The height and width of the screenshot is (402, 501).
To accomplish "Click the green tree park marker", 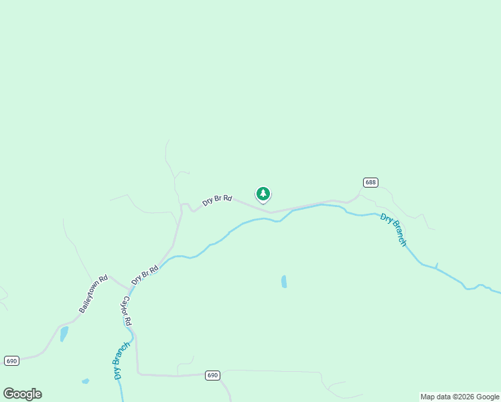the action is (x=263, y=194).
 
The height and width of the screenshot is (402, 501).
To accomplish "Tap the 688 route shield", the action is (x=370, y=182).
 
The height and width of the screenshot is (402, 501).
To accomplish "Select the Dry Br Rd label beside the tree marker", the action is (x=218, y=199).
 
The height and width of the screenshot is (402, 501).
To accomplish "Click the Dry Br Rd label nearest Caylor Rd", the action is (x=145, y=275).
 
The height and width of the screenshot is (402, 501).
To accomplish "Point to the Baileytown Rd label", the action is (x=93, y=294).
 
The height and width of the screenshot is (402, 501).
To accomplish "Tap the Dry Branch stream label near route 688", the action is (x=393, y=230).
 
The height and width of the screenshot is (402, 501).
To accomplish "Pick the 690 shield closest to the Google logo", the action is (x=11, y=360).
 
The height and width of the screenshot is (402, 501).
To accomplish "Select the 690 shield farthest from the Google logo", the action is (x=212, y=375).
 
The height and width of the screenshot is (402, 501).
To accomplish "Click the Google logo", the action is (x=23, y=394).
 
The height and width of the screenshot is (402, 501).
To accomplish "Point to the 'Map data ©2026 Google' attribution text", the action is (x=460, y=397).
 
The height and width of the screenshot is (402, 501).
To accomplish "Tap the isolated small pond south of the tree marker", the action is (x=284, y=281).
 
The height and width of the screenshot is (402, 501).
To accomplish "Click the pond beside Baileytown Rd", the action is (x=64, y=334).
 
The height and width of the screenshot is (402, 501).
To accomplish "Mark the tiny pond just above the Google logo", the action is (x=85, y=381).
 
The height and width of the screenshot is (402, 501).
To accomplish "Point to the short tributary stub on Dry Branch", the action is (x=437, y=265).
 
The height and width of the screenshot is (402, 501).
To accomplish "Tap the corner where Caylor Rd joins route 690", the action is (x=138, y=373).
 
